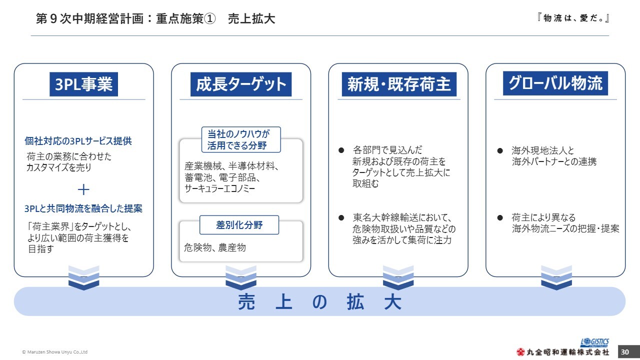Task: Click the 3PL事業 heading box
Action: pos(83,84)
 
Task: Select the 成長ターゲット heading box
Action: pos(241,84)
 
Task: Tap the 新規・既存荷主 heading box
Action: pos(399,84)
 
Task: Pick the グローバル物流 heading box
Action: pos(555,83)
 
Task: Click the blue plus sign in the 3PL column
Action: pos(83,189)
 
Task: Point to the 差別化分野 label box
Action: pos(239,225)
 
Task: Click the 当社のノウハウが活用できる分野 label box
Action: pos(241,139)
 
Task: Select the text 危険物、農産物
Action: pos(215,247)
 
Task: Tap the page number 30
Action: pos(625,352)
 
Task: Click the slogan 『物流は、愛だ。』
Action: pos(573,18)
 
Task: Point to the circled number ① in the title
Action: pos(210,19)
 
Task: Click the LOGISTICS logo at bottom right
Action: pos(594,342)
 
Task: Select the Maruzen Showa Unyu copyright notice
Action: pos(55,352)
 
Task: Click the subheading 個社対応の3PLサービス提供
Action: pos(78,141)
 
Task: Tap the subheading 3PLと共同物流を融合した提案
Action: pos(83,208)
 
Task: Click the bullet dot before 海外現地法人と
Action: pos(500,150)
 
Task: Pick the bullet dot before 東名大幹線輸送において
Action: pos(341,217)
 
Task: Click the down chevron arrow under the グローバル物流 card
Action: pos(556,277)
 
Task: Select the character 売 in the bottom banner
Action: pos(246,302)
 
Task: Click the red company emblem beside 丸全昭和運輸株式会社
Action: pos(520,352)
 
